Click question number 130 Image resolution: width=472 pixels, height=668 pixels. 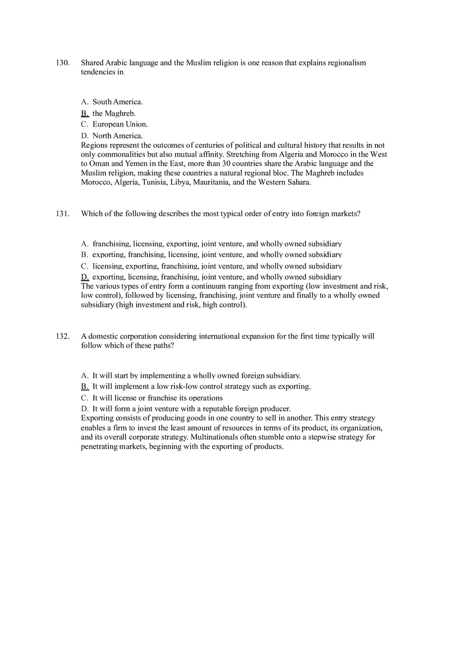point(62,63)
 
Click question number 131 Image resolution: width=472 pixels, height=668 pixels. point(62,214)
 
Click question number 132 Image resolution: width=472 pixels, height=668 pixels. point(62,336)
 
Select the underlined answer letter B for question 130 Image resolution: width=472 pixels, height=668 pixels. point(85,114)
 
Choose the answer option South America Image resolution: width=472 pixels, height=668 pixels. point(117,102)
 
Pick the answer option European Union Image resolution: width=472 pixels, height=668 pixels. point(120,124)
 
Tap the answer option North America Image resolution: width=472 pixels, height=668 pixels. point(117,136)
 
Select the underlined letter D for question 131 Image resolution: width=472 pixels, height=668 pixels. point(85,277)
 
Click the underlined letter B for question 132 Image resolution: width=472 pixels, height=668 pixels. point(85,386)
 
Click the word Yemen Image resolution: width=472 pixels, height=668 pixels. point(122,163)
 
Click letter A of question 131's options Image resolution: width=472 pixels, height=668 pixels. point(84,244)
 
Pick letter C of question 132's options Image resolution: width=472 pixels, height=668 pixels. point(84,398)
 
